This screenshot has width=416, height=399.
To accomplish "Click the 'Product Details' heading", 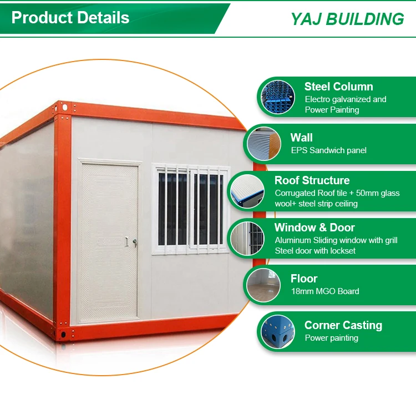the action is [x=70, y=18].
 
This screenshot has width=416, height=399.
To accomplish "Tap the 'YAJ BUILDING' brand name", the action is [x=347, y=19].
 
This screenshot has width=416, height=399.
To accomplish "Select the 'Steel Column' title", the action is [x=339, y=87].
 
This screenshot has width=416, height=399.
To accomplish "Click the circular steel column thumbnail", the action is [x=278, y=97].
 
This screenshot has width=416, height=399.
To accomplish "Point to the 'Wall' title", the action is [x=301, y=138].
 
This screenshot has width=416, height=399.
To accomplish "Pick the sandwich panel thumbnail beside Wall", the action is [x=264, y=144].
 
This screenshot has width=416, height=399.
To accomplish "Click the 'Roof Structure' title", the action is [x=312, y=180].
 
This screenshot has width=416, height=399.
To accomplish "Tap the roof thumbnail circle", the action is [x=247, y=191].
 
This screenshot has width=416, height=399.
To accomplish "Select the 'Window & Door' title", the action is [x=314, y=228].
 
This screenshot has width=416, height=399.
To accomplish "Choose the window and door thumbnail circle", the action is [x=247, y=239].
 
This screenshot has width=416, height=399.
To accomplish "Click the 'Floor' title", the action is [x=304, y=279].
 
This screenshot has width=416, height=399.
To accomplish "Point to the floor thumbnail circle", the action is [x=263, y=285].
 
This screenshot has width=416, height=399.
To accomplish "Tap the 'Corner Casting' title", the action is [x=343, y=325].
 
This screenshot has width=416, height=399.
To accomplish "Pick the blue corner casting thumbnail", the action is [x=278, y=332].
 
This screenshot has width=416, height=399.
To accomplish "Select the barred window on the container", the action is [x=191, y=209].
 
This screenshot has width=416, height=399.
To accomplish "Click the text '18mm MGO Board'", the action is [x=325, y=291].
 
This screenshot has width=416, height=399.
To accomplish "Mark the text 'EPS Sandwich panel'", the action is [x=329, y=150].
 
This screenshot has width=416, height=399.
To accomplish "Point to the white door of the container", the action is [x=109, y=240].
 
